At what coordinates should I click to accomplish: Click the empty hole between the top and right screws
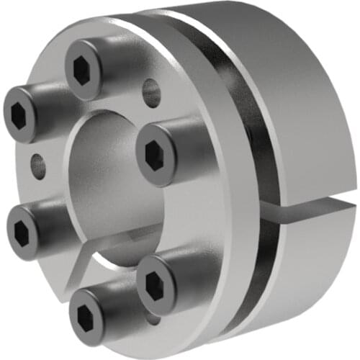(x=151, y=93)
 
